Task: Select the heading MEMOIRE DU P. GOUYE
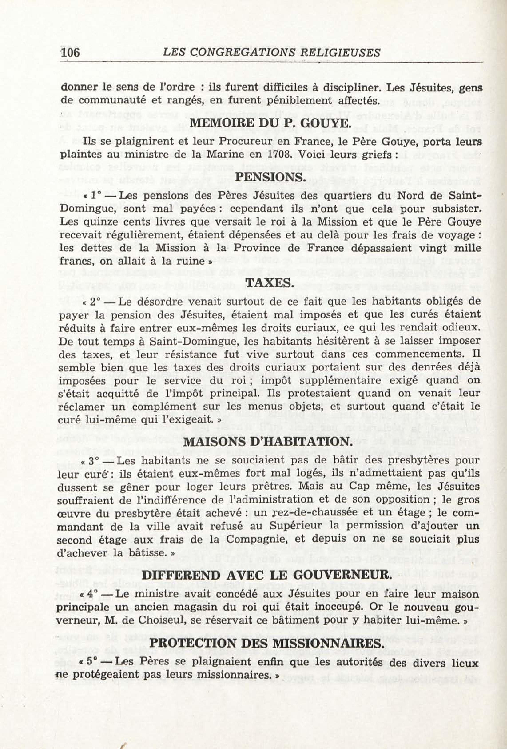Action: (269, 124)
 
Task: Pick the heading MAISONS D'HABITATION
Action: (267, 441)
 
